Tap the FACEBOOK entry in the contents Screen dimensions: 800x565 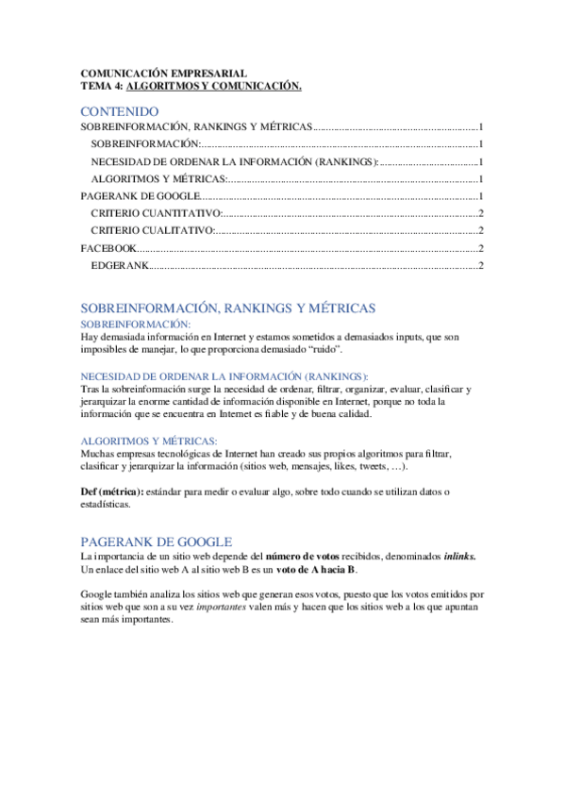108,248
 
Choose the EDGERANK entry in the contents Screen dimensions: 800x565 120,266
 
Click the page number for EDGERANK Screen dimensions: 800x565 481,266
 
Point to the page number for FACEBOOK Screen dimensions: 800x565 481,248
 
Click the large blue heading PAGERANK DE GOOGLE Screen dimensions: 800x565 156,542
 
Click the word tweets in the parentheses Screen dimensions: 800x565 362,467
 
